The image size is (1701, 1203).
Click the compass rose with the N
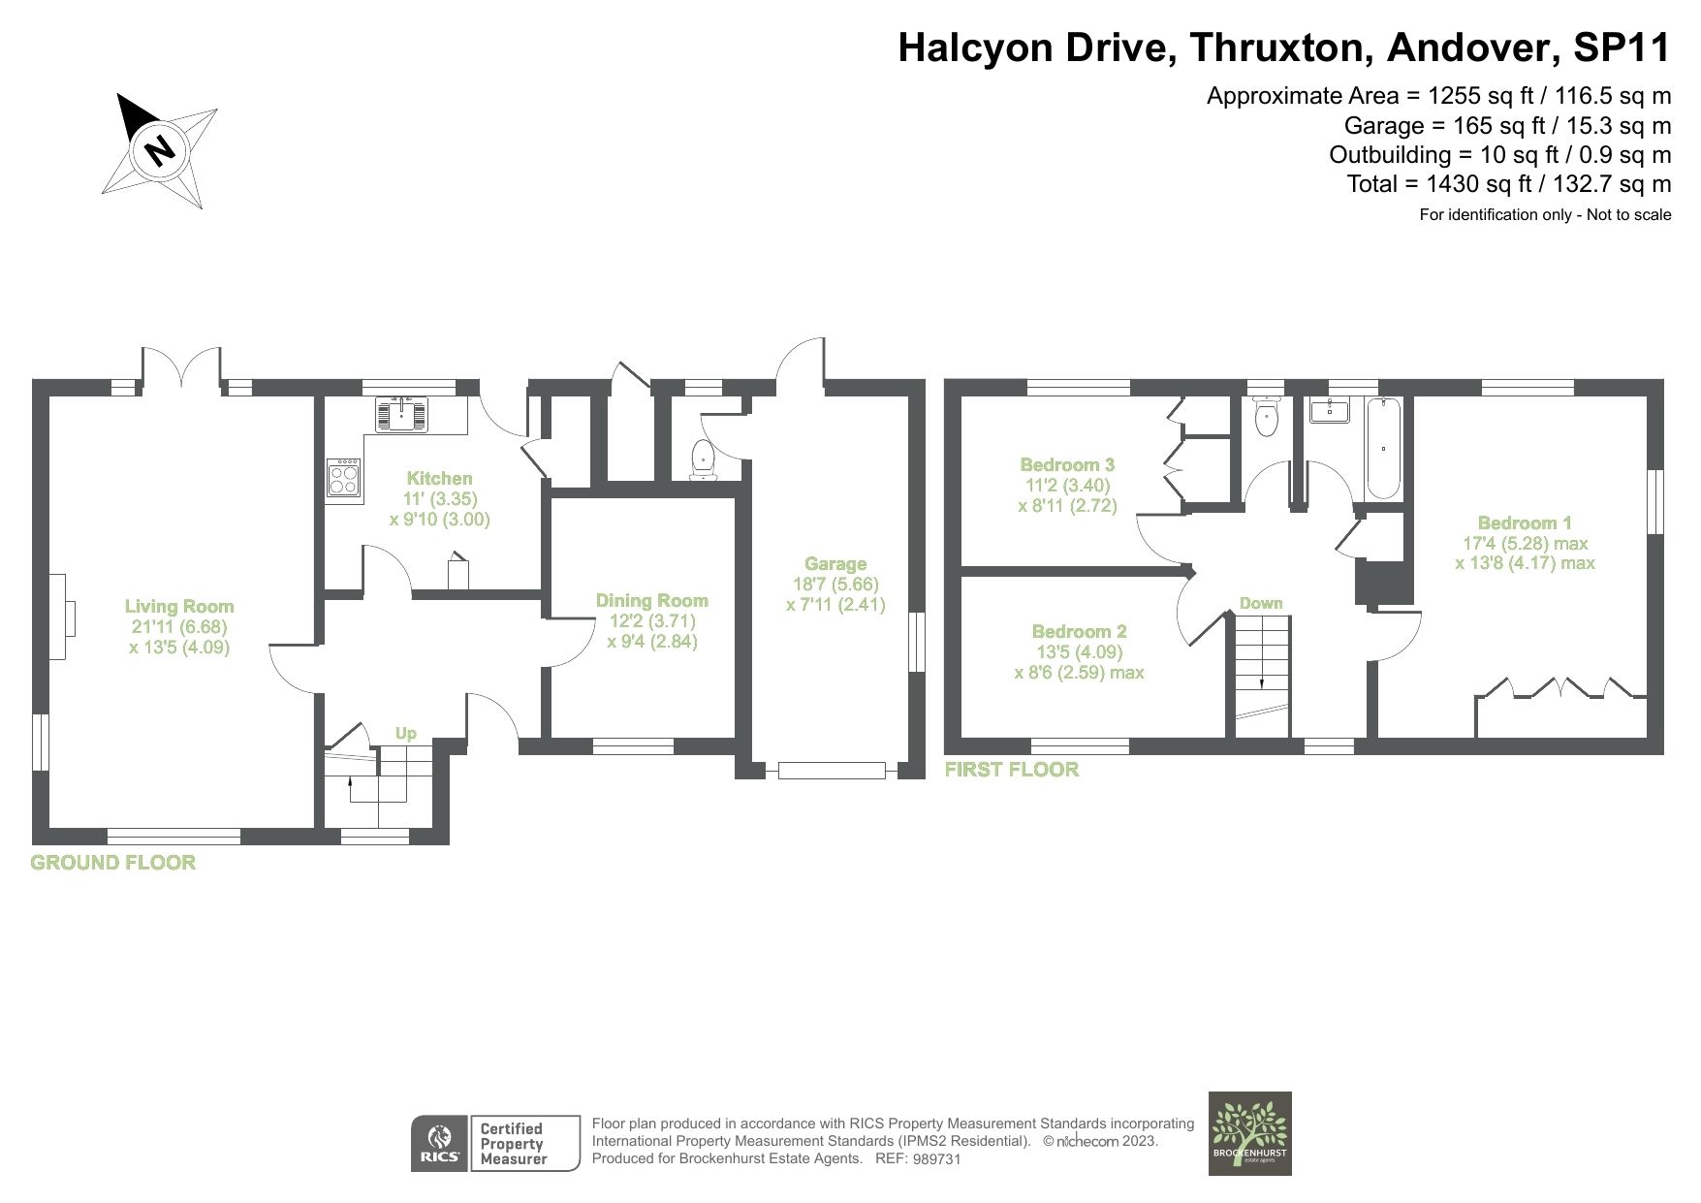161,150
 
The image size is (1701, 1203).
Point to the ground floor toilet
701,459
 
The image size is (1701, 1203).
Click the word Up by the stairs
406,734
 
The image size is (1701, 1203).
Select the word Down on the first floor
1261,603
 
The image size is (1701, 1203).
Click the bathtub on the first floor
1381,449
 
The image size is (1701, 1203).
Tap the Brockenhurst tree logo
1250,1133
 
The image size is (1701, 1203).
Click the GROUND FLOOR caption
113,863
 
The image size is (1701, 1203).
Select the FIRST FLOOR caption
1012,770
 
